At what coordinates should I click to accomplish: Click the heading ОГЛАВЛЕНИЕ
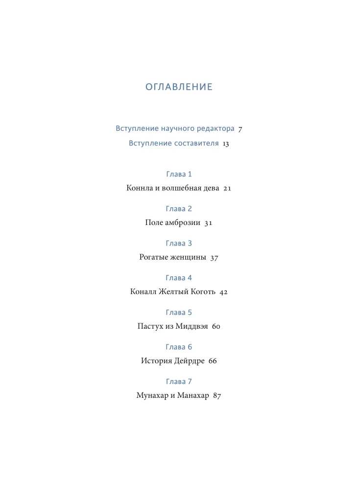pos(179,87)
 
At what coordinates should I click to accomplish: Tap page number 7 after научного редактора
pos(240,129)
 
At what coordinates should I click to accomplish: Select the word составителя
pos(196,144)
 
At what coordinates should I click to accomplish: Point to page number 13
pos(226,144)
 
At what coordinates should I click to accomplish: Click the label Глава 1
pos(179,174)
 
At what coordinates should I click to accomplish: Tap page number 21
pos(227,188)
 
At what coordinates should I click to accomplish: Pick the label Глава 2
pos(179,209)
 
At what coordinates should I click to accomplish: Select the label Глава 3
pos(179,244)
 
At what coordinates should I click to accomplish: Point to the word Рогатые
pos(155,257)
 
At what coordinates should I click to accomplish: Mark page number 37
pos(214,258)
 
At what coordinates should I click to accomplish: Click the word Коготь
pos(200,292)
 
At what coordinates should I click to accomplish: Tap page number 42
pos(224,292)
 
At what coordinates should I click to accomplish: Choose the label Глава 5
pos(179,313)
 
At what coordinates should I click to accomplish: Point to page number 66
pos(212,362)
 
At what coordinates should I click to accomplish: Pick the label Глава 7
pos(179,382)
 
